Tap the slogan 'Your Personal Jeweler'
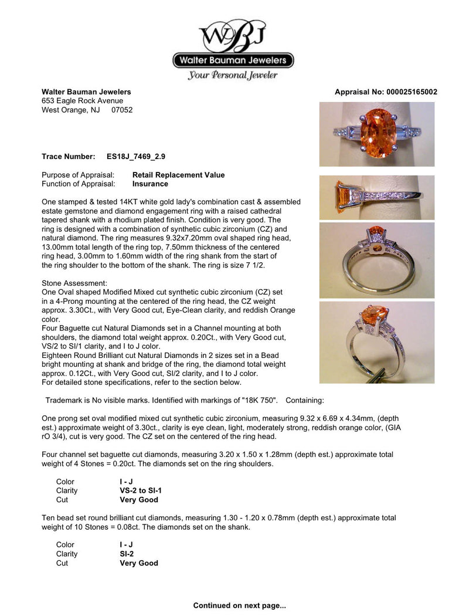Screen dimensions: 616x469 coord(233,75)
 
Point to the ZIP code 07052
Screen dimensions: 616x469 coord(122,110)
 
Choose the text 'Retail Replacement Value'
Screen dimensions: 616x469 coord(178,175)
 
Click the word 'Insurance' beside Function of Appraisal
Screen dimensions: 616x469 coord(150,184)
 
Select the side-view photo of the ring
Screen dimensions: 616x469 coord(377,197)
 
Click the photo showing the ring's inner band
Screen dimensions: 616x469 coord(377,260)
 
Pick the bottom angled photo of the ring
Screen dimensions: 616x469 coord(377,343)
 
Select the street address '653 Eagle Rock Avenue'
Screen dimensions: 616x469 coord(83,101)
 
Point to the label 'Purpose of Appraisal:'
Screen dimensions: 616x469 coord(79,175)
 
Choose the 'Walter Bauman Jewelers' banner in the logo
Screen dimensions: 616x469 coord(233,60)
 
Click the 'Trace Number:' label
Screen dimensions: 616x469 coord(69,157)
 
